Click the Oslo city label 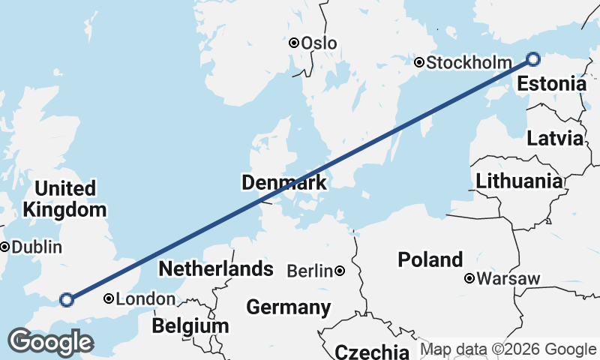(319, 43)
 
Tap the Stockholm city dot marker (419, 63)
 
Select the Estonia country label (551, 83)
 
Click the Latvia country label (554, 138)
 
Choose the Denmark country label (283, 182)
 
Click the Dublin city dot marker (5, 247)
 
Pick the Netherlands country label (215, 268)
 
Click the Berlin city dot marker (340, 271)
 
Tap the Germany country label (288, 307)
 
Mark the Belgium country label (190, 326)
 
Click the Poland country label (430, 260)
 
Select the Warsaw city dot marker (469, 279)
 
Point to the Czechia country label (372, 352)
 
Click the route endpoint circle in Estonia (533, 58)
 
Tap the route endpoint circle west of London (66, 300)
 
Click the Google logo (50, 342)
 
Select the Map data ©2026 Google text (508, 349)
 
